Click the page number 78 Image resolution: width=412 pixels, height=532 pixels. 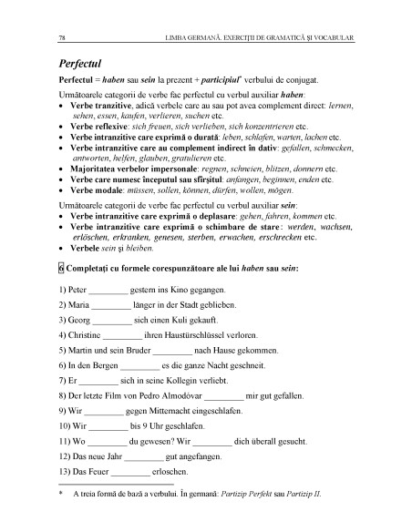[x=60, y=38]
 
